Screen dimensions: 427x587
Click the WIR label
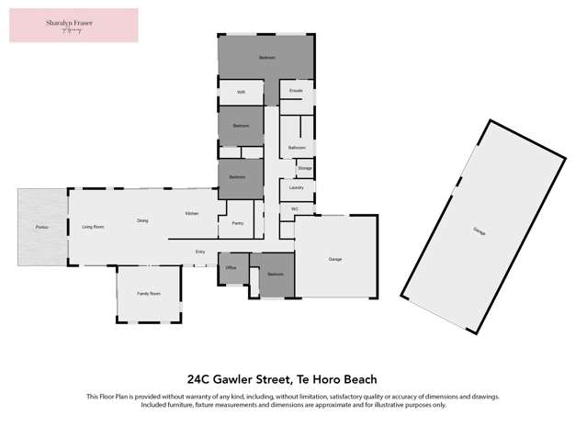(241, 93)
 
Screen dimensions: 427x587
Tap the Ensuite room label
(296, 92)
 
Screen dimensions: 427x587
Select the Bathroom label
(297, 147)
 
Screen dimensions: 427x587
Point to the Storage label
(305, 169)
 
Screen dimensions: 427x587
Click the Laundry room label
(296, 188)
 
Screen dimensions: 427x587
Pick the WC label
(295, 208)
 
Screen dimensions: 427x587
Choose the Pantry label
(237, 223)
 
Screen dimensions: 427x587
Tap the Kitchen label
(191, 214)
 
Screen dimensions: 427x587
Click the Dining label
(142, 220)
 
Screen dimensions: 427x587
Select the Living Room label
(92, 226)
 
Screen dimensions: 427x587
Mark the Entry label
(200, 252)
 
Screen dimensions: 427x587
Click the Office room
(231, 267)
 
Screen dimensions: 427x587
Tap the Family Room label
(148, 294)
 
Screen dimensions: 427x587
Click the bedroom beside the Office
(275, 275)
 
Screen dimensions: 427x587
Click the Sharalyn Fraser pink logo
(73, 25)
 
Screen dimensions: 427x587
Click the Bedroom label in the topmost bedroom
(266, 58)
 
